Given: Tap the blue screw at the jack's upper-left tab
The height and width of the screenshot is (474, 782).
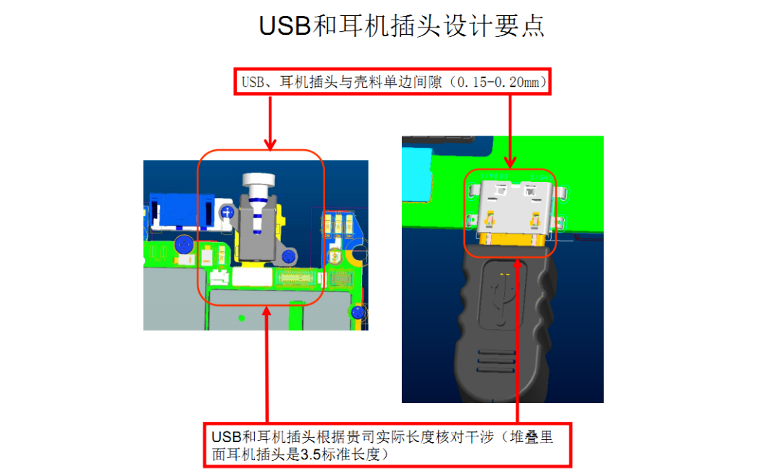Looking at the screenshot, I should [x=227, y=212].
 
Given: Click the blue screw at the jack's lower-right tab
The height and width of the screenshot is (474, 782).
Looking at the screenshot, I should [x=289, y=255].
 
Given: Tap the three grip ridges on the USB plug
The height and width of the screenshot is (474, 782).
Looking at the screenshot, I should [x=499, y=358].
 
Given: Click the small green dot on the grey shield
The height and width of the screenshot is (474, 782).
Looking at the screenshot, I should [x=242, y=317].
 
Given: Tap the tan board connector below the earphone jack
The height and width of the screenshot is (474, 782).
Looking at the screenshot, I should [x=298, y=278].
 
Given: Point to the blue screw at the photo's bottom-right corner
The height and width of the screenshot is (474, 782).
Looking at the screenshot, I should [x=356, y=313].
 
